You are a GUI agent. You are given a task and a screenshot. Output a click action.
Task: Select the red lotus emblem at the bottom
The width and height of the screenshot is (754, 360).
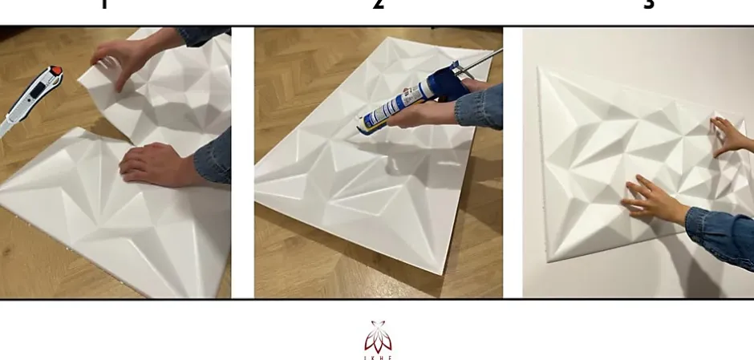(x=378, y=336)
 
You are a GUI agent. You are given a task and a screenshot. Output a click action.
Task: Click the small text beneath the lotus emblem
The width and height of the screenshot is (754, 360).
(x=378, y=355)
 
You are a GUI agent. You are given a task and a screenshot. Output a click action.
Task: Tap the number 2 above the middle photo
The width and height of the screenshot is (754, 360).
(x=379, y=5)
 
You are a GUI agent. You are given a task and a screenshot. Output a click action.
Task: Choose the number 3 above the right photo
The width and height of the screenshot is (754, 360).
(x=649, y=5)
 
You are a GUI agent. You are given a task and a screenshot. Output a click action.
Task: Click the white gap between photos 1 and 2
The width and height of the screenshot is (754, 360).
(x=242, y=160)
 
